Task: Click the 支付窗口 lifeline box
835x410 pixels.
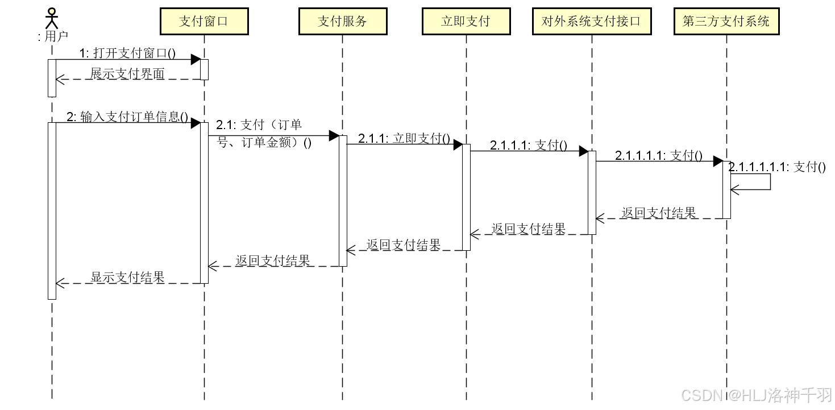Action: (x=204, y=21)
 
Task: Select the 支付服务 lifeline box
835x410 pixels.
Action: (x=342, y=21)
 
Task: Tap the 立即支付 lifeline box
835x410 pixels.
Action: (x=466, y=21)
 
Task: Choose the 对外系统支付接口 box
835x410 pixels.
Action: (x=591, y=21)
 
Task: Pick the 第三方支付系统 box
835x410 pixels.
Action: (x=726, y=21)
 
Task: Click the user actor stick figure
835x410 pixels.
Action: (x=52, y=18)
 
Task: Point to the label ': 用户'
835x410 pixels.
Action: (x=52, y=36)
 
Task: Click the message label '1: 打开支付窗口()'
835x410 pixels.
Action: (x=127, y=53)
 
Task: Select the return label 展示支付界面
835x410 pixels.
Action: (x=127, y=73)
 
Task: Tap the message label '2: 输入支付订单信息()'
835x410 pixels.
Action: (x=127, y=117)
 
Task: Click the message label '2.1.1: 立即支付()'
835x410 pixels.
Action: (x=404, y=138)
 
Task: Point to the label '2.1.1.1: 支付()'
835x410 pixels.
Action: (x=529, y=145)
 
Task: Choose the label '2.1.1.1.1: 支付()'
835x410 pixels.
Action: (x=659, y=155)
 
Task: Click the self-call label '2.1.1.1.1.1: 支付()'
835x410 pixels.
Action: (x=777, y=167)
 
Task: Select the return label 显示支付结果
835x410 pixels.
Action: (x=127, y=277)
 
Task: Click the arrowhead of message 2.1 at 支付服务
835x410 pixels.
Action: (x=334, y=135)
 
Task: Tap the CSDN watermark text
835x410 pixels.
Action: (x=756, y=395)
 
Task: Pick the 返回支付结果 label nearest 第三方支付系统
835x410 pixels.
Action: (x=658, y=213)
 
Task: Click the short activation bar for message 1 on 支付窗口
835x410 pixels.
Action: (x=204, y=69)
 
